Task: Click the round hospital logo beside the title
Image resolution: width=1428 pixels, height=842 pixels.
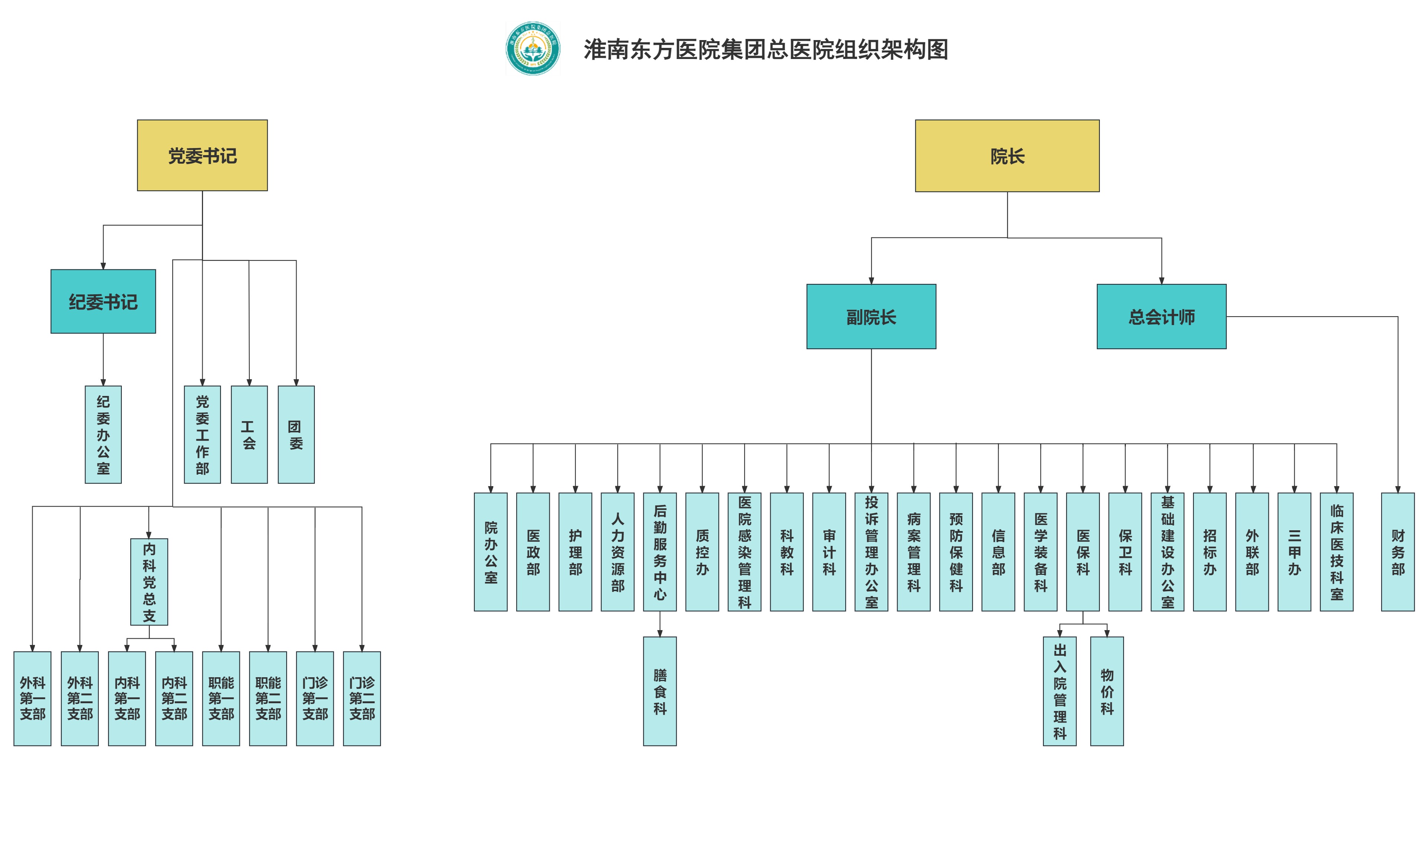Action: click(x=532, y=48)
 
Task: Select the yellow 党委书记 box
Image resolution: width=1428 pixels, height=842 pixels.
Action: click(x=202, y=155)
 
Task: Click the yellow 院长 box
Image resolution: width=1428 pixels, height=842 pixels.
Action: click(x=1007, y=156)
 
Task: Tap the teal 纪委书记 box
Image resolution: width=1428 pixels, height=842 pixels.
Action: click(x=103, y=301)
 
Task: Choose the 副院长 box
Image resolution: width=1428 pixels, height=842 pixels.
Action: click(x=871, y=317)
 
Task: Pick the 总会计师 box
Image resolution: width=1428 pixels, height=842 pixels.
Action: click(x=1161, y=317)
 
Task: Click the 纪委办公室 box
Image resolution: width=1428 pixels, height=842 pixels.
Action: click(x=103, y=435)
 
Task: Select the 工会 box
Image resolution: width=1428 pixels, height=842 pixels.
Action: click(x=249, y=435)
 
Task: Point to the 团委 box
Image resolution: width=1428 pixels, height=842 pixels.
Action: click(x=296, y=435)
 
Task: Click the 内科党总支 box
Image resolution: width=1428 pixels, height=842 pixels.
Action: click(x=149, y=581)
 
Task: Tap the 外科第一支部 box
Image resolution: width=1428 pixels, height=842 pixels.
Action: click(x=32, y=698)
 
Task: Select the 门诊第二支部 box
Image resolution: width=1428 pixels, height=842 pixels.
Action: click(x=362, y=698)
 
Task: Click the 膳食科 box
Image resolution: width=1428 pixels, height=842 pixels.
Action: click(x=660, y=691)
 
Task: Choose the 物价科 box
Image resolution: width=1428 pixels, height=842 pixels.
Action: click(x=1107, y=691)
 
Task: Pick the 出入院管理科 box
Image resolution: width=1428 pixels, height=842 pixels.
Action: click(x=1059, y=691)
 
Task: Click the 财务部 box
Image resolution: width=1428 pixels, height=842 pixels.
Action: click(x=1397, y=551)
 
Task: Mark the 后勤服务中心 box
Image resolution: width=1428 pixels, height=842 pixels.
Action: click(x=660, y=551)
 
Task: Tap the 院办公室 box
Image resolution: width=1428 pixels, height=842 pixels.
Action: click(x=490, y=551)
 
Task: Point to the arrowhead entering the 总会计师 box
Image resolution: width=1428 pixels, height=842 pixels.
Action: click(x=1161, y=280)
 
